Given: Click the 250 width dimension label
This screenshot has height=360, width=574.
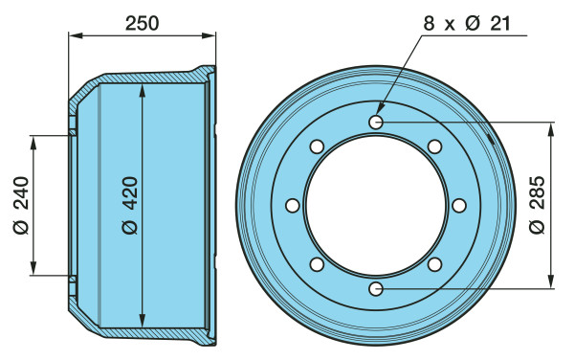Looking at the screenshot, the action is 142,23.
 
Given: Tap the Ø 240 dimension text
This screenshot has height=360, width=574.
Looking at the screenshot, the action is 21,205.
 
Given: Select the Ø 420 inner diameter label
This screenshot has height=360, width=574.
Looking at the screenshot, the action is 130,205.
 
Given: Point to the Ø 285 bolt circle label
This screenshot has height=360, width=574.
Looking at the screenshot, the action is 537,205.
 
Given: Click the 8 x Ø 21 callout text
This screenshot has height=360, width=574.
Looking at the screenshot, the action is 467,24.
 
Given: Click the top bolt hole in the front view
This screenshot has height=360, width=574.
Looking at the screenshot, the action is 376,123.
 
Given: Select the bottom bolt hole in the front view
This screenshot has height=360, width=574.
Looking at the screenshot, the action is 376,289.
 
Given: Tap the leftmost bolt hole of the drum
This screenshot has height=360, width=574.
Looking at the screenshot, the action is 293,206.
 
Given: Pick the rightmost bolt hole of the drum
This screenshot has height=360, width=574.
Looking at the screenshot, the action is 459,206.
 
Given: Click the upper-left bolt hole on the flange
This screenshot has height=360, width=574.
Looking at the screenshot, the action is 317,146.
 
